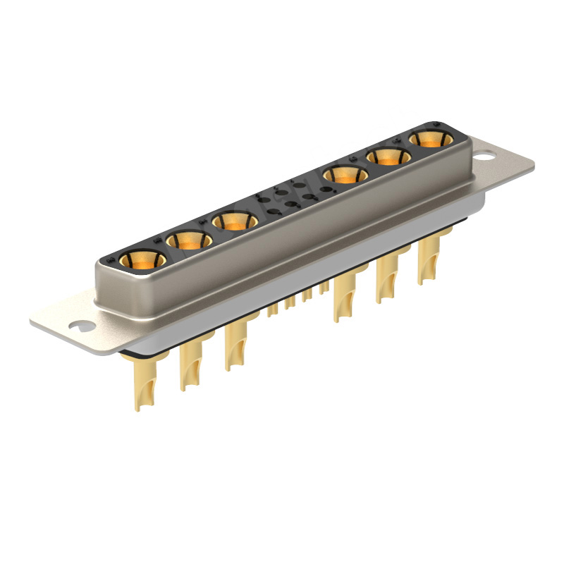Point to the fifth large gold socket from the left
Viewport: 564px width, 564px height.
point(387,157)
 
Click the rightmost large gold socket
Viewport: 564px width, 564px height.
point(429,139)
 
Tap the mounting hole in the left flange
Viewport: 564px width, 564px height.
point(82,326)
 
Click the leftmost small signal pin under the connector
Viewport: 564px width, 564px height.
point(272,309)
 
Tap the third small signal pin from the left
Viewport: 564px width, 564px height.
point(307,295)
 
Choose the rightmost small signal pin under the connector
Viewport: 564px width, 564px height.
point(324,287)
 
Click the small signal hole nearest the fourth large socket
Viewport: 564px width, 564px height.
point(325,189)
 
